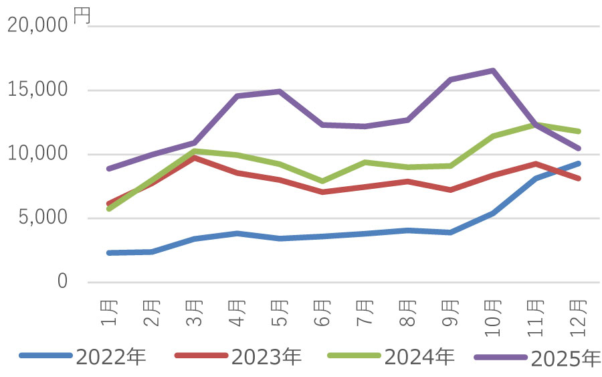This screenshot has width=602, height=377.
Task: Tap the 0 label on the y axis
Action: tap(62, 282)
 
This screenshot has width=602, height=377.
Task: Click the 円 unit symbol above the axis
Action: tap(80, 16)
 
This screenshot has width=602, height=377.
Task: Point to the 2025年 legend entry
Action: tap(566, 358)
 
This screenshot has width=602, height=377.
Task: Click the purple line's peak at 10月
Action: tap(493, 70)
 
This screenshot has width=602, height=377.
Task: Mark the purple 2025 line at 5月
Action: tap(280, 91)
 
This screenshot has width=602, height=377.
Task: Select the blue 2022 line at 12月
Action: tap(579, 163)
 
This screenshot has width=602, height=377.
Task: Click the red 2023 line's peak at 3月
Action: tap(194, 157)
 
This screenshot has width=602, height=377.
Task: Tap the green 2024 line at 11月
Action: tap(536, 125)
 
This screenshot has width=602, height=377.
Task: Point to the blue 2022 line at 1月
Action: tap(109, 252)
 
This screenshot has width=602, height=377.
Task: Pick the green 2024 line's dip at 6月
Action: tap(322, 181)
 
